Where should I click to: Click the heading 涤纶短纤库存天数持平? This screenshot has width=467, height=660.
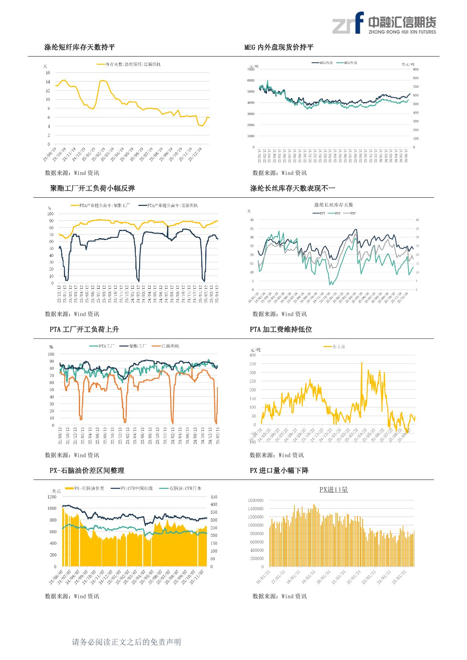[80, 47]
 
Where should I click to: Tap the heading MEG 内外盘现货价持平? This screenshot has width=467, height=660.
[279, 47]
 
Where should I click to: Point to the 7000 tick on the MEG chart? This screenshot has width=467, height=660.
[251, 69]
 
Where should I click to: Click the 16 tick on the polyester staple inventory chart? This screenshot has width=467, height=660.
[48, 73]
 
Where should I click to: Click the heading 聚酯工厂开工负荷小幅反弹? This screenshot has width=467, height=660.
[92, 188]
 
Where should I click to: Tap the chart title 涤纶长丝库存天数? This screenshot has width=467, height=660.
[334, 205]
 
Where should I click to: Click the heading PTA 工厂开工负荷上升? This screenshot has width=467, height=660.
[84, 329]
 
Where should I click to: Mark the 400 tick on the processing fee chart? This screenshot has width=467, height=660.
[252, 355]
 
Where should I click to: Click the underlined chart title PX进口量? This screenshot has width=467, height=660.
[334, 489]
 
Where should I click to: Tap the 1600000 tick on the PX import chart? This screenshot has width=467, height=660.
[255, 500]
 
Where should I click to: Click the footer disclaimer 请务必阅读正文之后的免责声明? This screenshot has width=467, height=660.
[126, 642]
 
